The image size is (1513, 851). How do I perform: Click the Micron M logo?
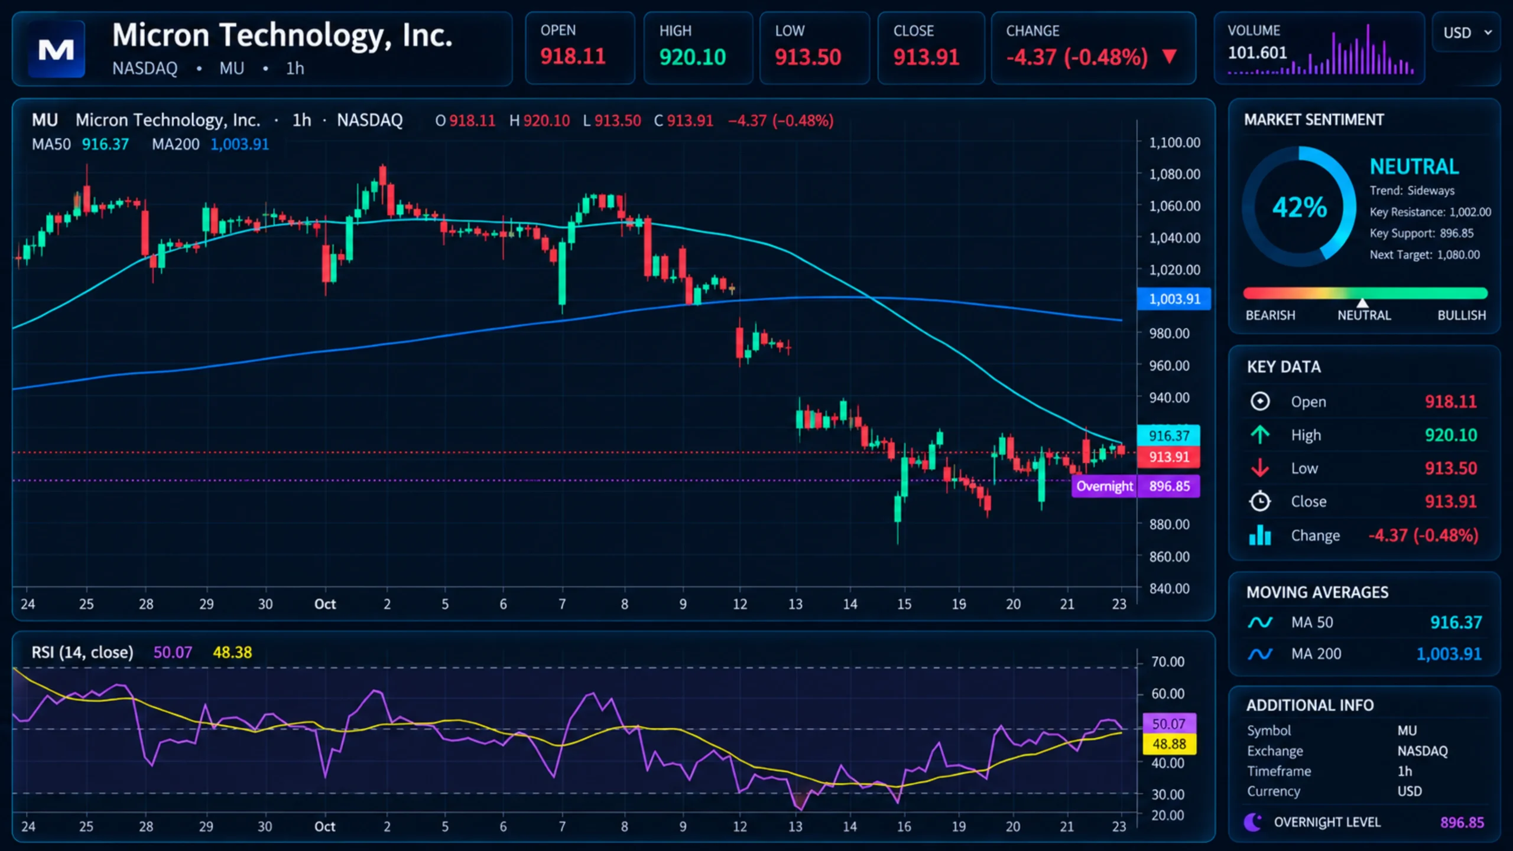click(56, 50)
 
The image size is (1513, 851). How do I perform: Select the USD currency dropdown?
click(1467, 32)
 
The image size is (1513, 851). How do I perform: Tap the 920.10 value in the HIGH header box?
click(693, 57)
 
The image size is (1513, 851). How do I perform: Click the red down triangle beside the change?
click(1169, 57)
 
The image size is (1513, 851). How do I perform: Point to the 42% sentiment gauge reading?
click(1300, 207)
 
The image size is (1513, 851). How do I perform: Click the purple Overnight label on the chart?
click(1104, 486)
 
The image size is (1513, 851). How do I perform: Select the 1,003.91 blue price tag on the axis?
click(1174, 299)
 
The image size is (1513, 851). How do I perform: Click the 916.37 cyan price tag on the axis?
click(1168, 436)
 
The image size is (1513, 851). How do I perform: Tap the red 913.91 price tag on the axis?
click(1168, 457)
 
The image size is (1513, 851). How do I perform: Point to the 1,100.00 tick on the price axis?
click(1174, 142)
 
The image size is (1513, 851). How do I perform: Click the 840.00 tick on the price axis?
click(1169, 588)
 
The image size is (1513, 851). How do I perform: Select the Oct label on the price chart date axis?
click(325, 604)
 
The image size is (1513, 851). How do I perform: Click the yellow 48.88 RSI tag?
click(1169, 744)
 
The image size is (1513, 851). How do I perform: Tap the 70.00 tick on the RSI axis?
click(1167, 661)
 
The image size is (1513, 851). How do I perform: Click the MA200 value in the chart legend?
click(239, 144)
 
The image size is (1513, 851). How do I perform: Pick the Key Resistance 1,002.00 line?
click(1430, 212)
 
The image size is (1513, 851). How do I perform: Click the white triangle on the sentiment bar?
click(1362, 303)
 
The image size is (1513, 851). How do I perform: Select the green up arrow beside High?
click(1260, 435)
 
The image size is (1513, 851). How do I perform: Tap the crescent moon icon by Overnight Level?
click(1252, 822)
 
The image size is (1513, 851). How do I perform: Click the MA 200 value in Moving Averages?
click(1449, 654)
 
